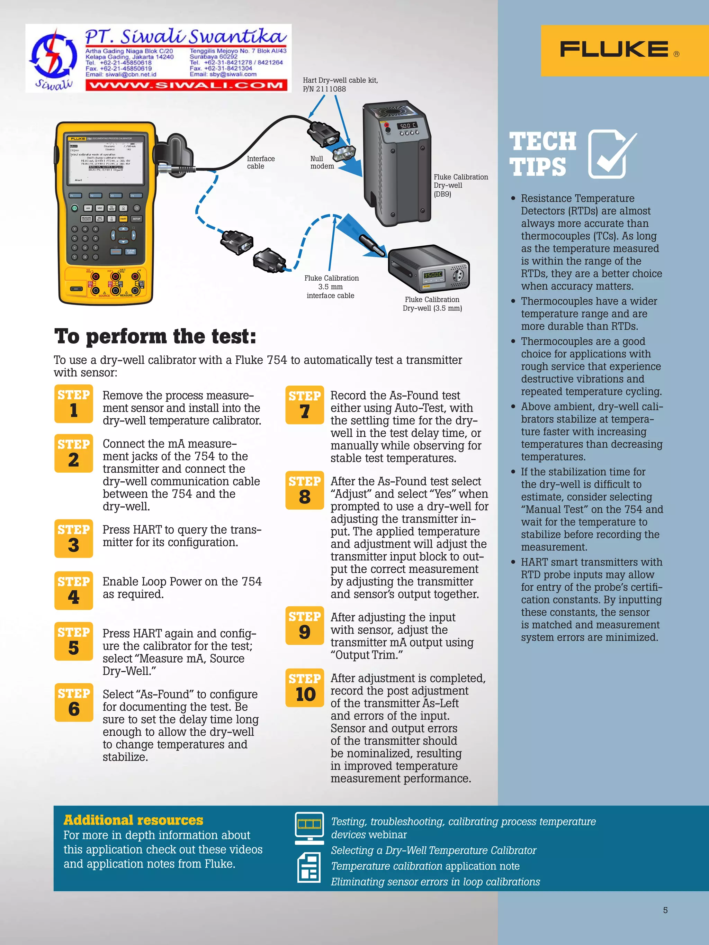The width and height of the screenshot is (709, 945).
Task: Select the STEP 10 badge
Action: click(x=305, y=688)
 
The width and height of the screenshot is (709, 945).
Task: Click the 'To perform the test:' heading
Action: click(x=155, y=336)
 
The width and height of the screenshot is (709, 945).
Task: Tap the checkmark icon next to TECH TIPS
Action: click(x=611, y=153)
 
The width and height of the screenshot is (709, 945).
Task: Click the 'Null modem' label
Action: click(x=322, y=162)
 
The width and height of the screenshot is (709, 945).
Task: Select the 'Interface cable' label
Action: click(x=261, y=162)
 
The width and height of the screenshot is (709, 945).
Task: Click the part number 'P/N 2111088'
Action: click(x=324, y=89)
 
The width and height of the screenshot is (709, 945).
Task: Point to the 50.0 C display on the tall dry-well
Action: click(x=407, y=126)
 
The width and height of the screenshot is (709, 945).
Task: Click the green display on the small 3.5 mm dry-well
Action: click(x=433, y=275)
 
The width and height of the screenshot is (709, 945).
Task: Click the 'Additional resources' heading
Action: click(x=133, y=820)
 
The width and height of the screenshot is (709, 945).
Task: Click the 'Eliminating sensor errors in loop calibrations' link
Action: click(x=435, y=882)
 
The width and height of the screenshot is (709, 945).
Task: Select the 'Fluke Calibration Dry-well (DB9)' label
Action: click(x=460, y=185)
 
